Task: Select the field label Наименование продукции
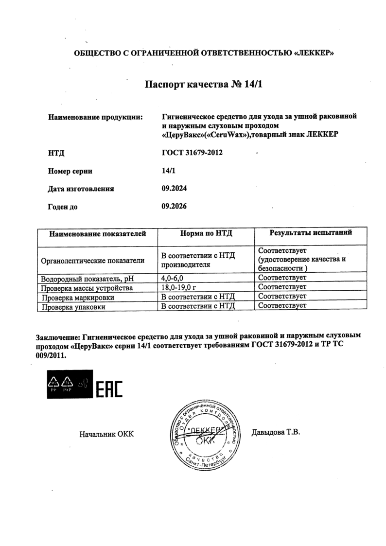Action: tap(95, 117)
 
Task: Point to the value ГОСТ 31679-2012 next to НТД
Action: tap(192, 153)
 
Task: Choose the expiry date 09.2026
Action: tap(174, 206)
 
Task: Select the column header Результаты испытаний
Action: tap(311, 233)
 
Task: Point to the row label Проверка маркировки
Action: tap(78, 297)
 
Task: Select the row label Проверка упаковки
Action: tap(73, 307)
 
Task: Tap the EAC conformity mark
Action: tap(110, 388)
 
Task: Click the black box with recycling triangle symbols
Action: tap(68, 384)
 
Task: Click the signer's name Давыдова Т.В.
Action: tap(275, 431)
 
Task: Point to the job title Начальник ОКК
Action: tap(106, 434)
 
